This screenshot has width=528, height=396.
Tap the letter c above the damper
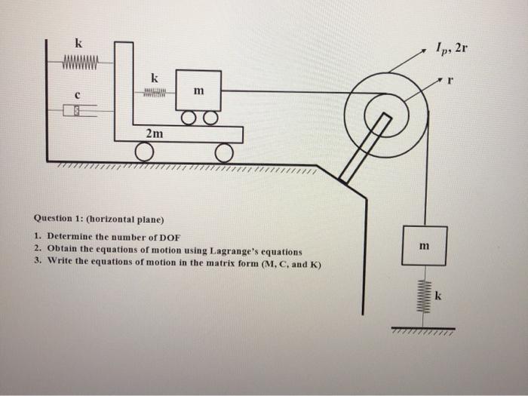tap(76, 94)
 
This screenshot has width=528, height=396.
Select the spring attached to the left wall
tap(79, 58)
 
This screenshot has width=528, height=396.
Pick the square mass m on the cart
tap(198, 91)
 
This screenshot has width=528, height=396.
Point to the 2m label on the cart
tap(154, 134)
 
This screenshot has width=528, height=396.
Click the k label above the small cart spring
tap(155, 78)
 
